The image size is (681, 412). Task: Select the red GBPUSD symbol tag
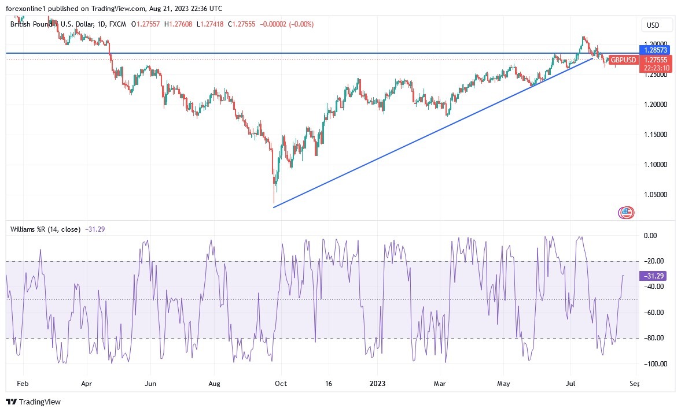pyautogui.click(x=623, y=60)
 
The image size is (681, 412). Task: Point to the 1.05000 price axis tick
pyautogui.click(x=656, y=195)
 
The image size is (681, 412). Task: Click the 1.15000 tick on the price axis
pyautogui.click(x=656, y=134)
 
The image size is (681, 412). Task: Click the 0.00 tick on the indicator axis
pyautogui.click(x=650, y=236)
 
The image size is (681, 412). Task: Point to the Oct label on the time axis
pyautogui.click(x=281, y=383)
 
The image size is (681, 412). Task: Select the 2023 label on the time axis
pyautogui.click(x=377, y=383)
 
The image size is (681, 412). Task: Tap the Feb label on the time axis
pyautogui.click(x=23, y=383)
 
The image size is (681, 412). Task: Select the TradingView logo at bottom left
pyautogui.click(x=34, y=402)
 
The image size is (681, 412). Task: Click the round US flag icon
pyautogui.click(x=626, y=213)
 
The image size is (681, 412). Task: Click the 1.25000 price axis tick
pyautogui.click(x=656, y=74)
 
